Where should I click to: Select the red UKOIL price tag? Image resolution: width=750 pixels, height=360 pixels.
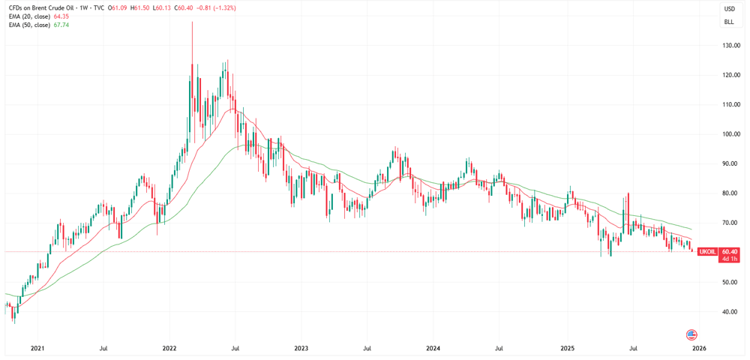coord(718,251)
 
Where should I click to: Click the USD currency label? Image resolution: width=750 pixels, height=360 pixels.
coord(730,9)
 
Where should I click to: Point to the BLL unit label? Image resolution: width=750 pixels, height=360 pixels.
coord(730,22)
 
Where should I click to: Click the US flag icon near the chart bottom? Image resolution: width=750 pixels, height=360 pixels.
coord(691,334)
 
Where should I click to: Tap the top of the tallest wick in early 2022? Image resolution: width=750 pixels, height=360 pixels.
coord(192,22)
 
